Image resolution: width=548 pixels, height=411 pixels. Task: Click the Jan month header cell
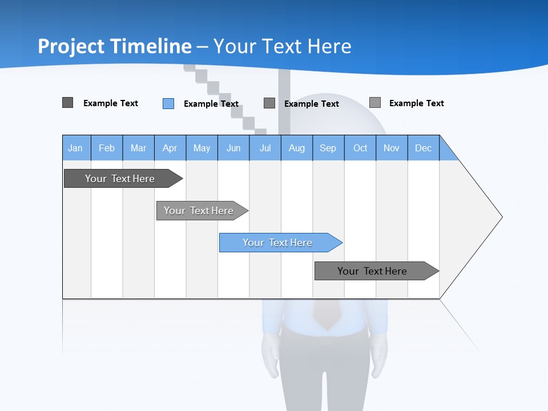(x=76, y=148)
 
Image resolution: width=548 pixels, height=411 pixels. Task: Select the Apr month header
(x=170, y=148)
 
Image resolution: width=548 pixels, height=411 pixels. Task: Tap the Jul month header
(x=265, y=148)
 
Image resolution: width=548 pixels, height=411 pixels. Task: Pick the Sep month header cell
(x=328, y=148)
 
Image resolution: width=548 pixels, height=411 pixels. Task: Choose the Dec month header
(x=424, y=148)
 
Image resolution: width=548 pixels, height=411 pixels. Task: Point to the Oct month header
(x=360, y=148)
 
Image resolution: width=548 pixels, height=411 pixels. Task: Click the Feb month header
(x=107, y=148)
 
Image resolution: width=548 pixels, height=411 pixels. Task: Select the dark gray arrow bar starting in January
(x=120, y=179)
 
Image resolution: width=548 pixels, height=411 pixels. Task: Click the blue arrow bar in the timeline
(x=278, y=243)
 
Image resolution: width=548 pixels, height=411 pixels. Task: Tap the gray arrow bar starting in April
(x=199, y=211)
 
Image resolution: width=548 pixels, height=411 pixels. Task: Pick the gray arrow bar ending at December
(x=373, y=271)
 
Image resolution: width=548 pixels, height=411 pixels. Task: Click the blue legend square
(x=168, y=103)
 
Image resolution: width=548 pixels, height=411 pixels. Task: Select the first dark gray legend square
(x=68, y=103)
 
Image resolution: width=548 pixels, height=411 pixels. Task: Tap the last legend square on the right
(x=375, y=103)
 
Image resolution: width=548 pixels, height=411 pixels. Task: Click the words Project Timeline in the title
(x=114, y=46)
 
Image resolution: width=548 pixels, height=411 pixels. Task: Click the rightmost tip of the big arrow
(x=501, y=217)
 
